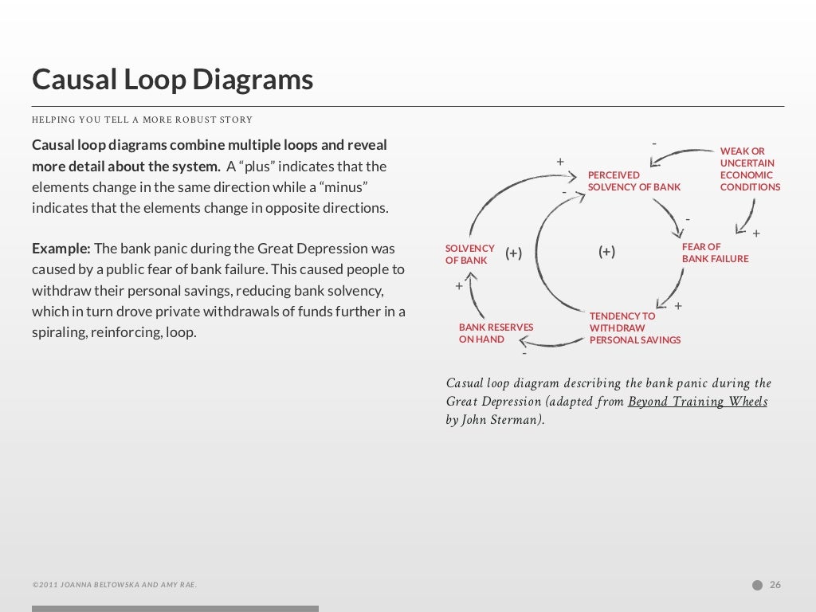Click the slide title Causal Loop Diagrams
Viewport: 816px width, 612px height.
(172, 80)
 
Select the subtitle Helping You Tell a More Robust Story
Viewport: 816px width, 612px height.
(142, 120)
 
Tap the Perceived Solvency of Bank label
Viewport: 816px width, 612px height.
(634, 181)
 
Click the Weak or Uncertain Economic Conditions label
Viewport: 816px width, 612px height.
(749, 169)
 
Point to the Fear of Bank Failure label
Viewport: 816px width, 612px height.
(714, 253)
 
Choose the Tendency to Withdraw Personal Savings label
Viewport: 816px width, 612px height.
(634, 328)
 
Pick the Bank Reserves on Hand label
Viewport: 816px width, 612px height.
(496, 333)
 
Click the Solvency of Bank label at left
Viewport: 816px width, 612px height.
(469, 254)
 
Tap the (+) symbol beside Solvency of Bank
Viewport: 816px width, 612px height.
(513, 253)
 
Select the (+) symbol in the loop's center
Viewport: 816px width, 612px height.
(606, 252)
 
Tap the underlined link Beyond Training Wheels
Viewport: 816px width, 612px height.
(697, 402)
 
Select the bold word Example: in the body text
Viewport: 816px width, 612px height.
(61, 249)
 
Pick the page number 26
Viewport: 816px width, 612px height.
(775, 585)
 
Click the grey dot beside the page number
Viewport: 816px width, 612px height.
(757, 585)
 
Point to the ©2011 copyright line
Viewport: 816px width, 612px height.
(114, 585)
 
